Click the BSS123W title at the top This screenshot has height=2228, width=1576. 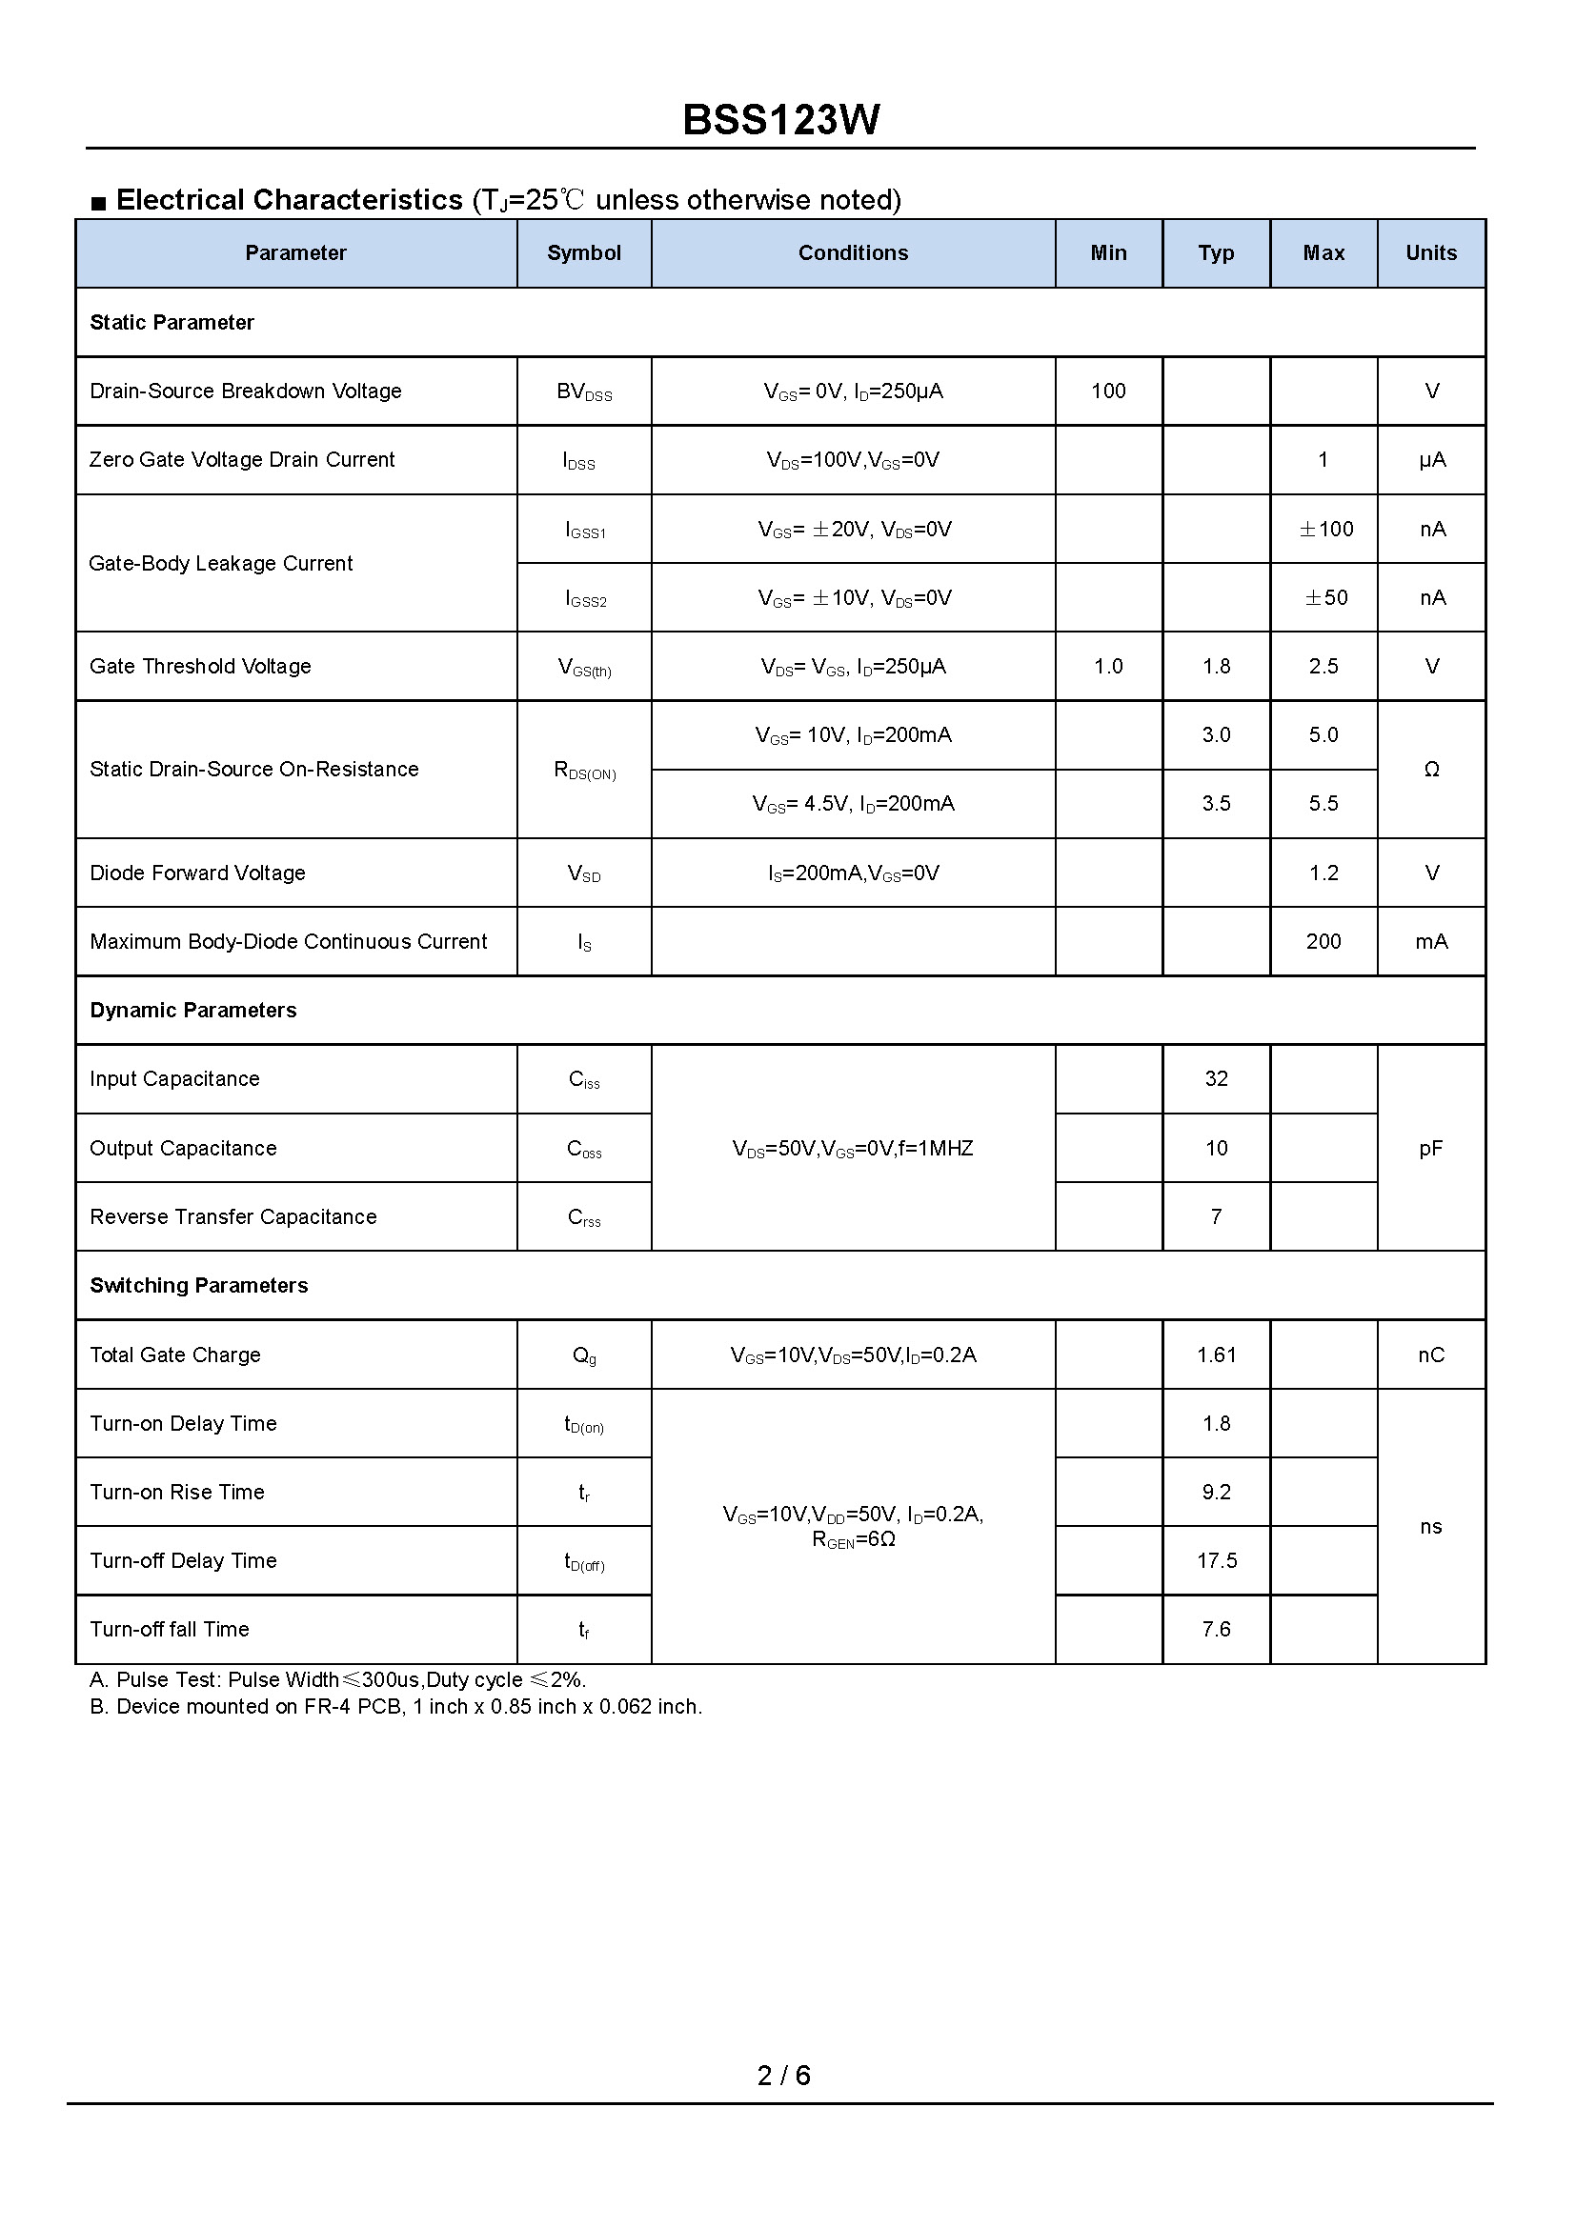point(781,120)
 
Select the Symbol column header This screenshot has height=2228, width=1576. point(583,253)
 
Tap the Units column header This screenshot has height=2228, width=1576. point(1430,253)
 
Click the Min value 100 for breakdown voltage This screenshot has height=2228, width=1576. point(1108,391)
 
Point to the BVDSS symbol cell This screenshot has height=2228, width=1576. point(583,392)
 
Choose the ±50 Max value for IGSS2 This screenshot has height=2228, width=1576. point(1325,598)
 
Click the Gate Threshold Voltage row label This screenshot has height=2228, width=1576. point(200,667)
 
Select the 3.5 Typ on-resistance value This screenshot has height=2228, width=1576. point(1216,804)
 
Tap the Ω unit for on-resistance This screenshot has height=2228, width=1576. point(1430,770)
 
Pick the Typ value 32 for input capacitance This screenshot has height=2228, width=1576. point(1216,1079)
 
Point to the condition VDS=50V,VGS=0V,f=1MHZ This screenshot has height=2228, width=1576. point(852,1149)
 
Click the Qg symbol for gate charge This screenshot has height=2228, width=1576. point(583,1355)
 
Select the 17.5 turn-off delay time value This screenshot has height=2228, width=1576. point(1216,1561)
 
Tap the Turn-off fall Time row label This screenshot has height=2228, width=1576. point(169,1629)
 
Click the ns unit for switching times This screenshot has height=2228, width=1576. point(1430,1527)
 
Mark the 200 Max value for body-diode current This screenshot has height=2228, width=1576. point(1323,941)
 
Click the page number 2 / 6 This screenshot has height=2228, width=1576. point(783,2075)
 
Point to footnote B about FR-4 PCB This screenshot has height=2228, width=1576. point(395,1706)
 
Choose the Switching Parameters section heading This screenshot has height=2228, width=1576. point(199,1286)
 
